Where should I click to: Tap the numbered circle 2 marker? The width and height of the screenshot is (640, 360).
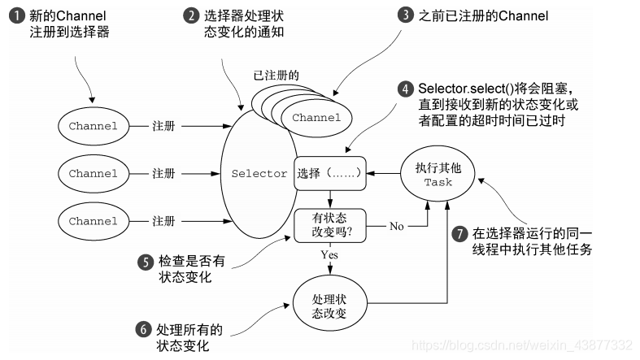click(x=191, y=16)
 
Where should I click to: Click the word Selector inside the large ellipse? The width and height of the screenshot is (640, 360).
click(x=259, y=173)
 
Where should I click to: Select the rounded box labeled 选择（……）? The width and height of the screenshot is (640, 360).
click(x=329, y=173)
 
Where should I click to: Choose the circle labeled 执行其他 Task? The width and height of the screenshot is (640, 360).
click(x=438, y=173)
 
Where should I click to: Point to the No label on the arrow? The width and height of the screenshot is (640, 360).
click(x=396, y=226)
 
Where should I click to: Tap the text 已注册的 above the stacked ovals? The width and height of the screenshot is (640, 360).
click(x=276, y=76)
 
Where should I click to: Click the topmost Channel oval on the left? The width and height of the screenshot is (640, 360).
click(x=93, y=126)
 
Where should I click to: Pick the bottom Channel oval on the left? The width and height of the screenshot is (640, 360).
click(x=93, y=221)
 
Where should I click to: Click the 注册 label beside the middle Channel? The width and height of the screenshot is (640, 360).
click(x=163, y=173)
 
